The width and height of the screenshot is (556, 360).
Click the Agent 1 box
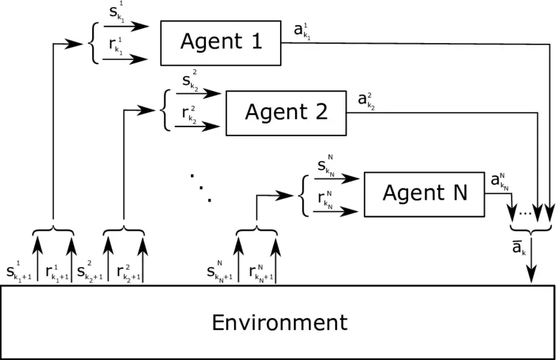(x=220, y=43)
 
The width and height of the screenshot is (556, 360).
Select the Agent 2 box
(x=286, y=112)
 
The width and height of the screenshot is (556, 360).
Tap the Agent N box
(x=424, y=194)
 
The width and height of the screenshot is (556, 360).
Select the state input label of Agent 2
(x=188, y=82)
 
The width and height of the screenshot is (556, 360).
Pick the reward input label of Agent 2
(x=188, y=114)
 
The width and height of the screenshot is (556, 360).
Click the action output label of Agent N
(x=500, y=180)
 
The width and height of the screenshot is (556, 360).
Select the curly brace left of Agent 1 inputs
(x=92, y=43)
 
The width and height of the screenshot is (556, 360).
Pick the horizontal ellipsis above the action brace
(x=525, y=212)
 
